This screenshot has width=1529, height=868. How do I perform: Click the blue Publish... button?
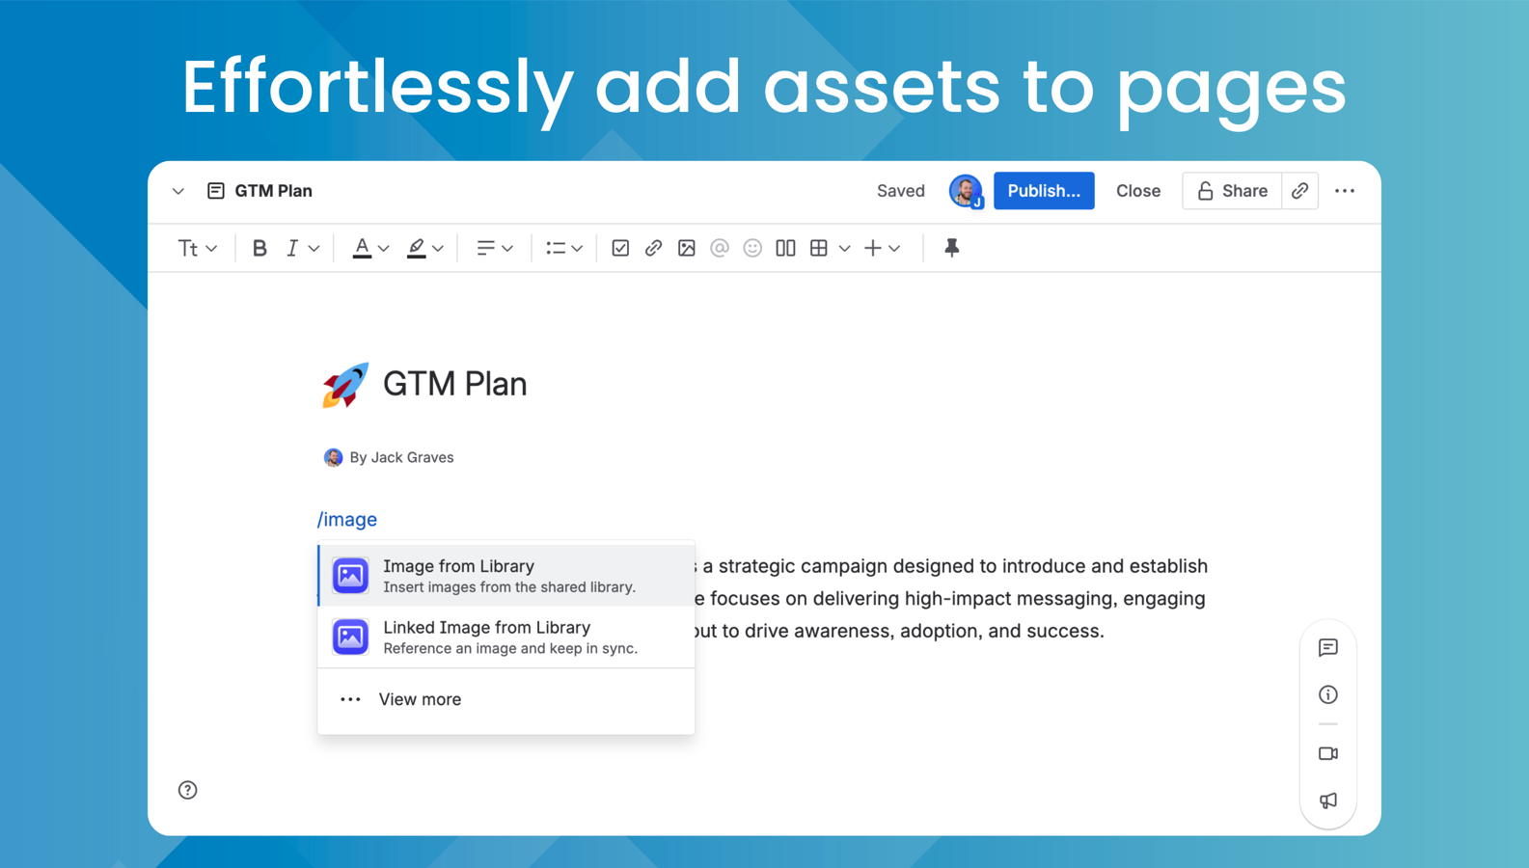(1043, 191)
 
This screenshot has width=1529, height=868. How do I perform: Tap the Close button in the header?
(1137, 191)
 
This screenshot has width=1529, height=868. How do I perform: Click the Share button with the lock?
(1232, 191)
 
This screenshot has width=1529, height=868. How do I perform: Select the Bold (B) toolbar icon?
(259, 248)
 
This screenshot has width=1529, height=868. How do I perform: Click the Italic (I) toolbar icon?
(292, 248)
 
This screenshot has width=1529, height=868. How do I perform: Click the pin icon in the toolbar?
(951, 248)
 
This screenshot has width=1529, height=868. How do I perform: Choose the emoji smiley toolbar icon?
(752, 248)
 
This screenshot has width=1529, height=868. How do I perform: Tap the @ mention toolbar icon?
(720, 248)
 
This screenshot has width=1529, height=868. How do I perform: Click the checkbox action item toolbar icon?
(620, 248)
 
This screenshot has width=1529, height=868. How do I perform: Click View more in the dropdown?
(419, 699)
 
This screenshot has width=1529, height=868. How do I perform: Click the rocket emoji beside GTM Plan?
(345, 385)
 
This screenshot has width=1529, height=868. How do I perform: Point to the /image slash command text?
(347, 520)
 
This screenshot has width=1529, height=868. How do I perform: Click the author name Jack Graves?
(412, 457)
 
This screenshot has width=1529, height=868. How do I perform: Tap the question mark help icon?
(188, 790)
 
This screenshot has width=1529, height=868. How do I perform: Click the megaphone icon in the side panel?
(1328, 800)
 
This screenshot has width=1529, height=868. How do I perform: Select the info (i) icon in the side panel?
(1328, 694)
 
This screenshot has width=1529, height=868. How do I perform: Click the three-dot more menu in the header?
(1345, 191)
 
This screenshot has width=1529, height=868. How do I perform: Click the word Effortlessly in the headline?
(377, 87)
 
